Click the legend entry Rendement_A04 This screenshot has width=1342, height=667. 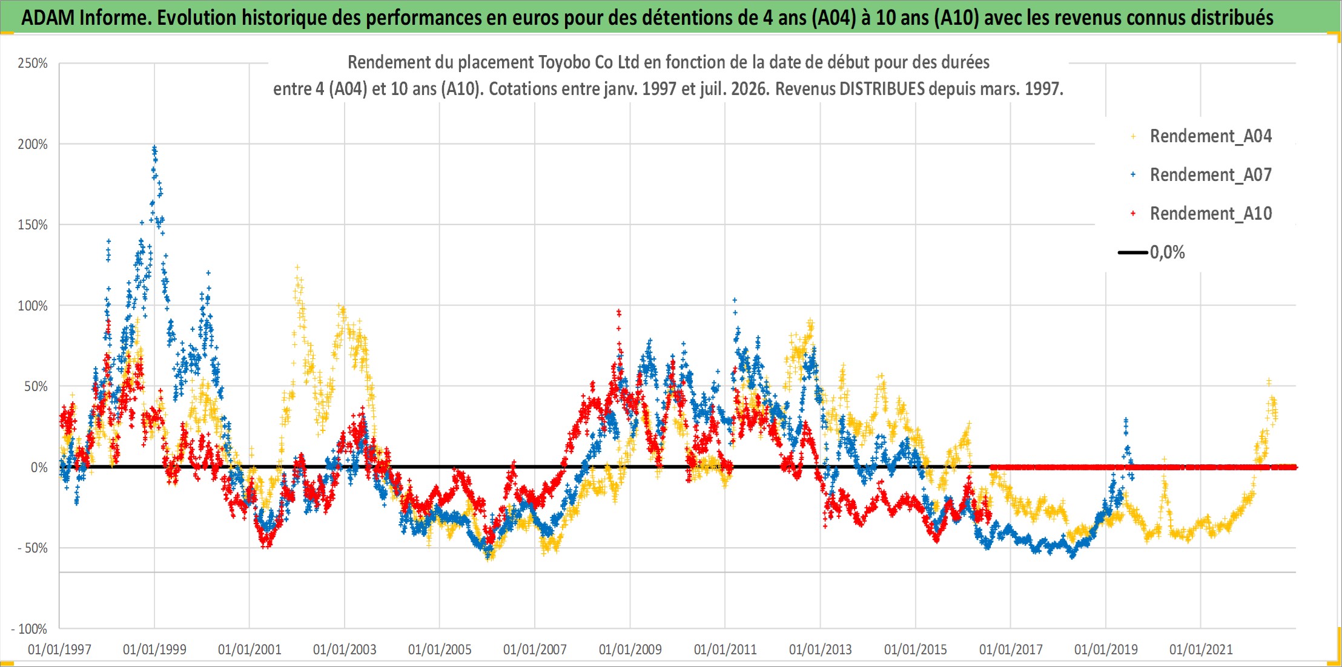[x=1211, y=136]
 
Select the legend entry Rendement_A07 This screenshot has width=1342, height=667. [x=1211, y=175]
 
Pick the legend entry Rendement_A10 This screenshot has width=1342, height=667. [x=1211, y=214]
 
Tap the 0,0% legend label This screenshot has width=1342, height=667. [x=1167, y=252]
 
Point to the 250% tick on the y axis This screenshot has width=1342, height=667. [x=33, y=64]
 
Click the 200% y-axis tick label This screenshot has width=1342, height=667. [x=33, y=144]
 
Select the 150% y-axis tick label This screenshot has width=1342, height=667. [x=33, y=225]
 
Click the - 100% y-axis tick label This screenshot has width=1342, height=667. [x=29, y=629]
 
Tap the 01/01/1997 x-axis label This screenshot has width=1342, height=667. [x=59, y=649]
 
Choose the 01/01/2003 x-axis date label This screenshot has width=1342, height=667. [x=345, y=649]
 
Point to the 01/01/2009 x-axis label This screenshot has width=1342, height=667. [x=630, y=649]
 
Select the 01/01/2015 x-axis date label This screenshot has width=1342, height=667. [x=916, y=649]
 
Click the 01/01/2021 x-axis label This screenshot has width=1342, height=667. [x=1201, y=649]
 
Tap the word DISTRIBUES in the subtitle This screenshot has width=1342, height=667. [x=882, y=89]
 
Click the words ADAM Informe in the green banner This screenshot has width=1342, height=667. [x=86, y=18]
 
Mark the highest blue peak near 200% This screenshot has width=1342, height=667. [x=154, y=147]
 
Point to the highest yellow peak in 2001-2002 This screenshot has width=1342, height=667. [x=297, y=266]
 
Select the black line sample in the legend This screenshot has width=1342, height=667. [x=1133, y=252]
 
